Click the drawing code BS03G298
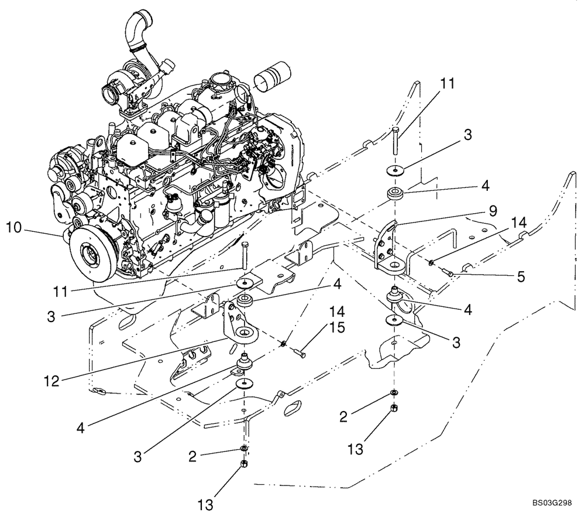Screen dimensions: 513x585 [552, 504]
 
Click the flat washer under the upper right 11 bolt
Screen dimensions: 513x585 [397, 171]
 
